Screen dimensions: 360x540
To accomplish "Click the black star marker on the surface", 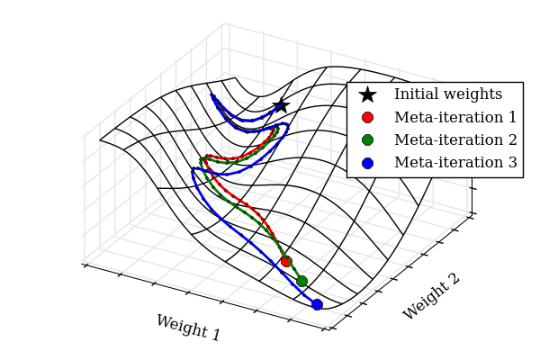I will click(x=281, y=105).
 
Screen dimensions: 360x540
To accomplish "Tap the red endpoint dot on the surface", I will click(x=286, y=261).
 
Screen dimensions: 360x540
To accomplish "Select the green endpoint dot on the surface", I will click(x=301, y=281).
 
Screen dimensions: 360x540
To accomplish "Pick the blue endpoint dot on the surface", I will click(x=317, y=304).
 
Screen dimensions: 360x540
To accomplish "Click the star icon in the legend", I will click(x=367, y=94).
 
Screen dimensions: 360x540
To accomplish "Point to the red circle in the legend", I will click(x=367, y=117).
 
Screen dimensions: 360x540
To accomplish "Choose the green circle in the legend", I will click(x=367, y=139).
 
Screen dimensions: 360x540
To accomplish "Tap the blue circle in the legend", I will click(x=367, y=163).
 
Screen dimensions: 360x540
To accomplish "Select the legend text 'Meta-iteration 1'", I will click(x=455, y=117).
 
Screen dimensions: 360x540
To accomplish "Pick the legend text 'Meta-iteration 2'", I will click(x=455, y=139).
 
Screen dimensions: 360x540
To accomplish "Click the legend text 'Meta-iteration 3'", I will click(x=455, y=163).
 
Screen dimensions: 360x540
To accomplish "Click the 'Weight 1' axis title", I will click(x=188, y=328).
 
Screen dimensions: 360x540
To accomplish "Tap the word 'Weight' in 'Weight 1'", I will click(x=180, y=326).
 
